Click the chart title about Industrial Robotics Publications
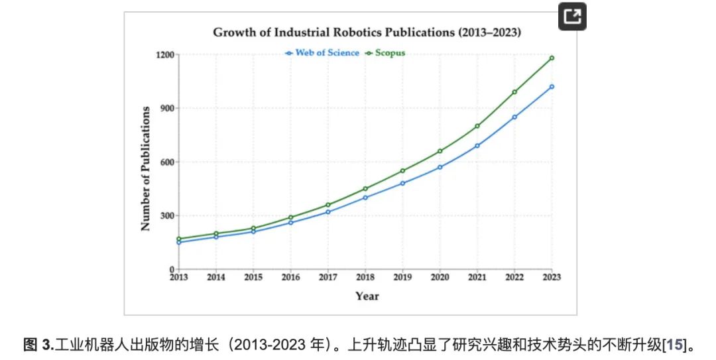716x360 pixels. click(x=367, y=32)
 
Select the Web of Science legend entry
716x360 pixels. click(x=322, y=53)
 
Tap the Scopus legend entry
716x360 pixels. click(x=385, y=53)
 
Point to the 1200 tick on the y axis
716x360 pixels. click(x=165, y=55)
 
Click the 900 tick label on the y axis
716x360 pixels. click(x=166, y=108)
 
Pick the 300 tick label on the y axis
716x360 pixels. click(x=166, y=215)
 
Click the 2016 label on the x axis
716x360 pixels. click(x=290, y=277)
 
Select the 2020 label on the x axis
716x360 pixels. click(x=440, y=277)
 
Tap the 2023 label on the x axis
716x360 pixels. click(x=552, y=277)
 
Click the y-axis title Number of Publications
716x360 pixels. click(x=145, y=168)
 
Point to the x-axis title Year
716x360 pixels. click(x=367, y=296)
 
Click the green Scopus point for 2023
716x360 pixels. click(x=552, y=58)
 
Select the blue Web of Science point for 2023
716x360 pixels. click(x=552, y=87)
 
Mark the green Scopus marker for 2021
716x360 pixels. click(x=477, y=126)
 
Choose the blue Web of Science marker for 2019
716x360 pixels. click(x=403, y=183)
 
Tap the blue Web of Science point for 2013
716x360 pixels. click(x=179, y=242)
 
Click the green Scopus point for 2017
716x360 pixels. click(x=328, y=205)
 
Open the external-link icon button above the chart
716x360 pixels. click(x=572, y=17)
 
